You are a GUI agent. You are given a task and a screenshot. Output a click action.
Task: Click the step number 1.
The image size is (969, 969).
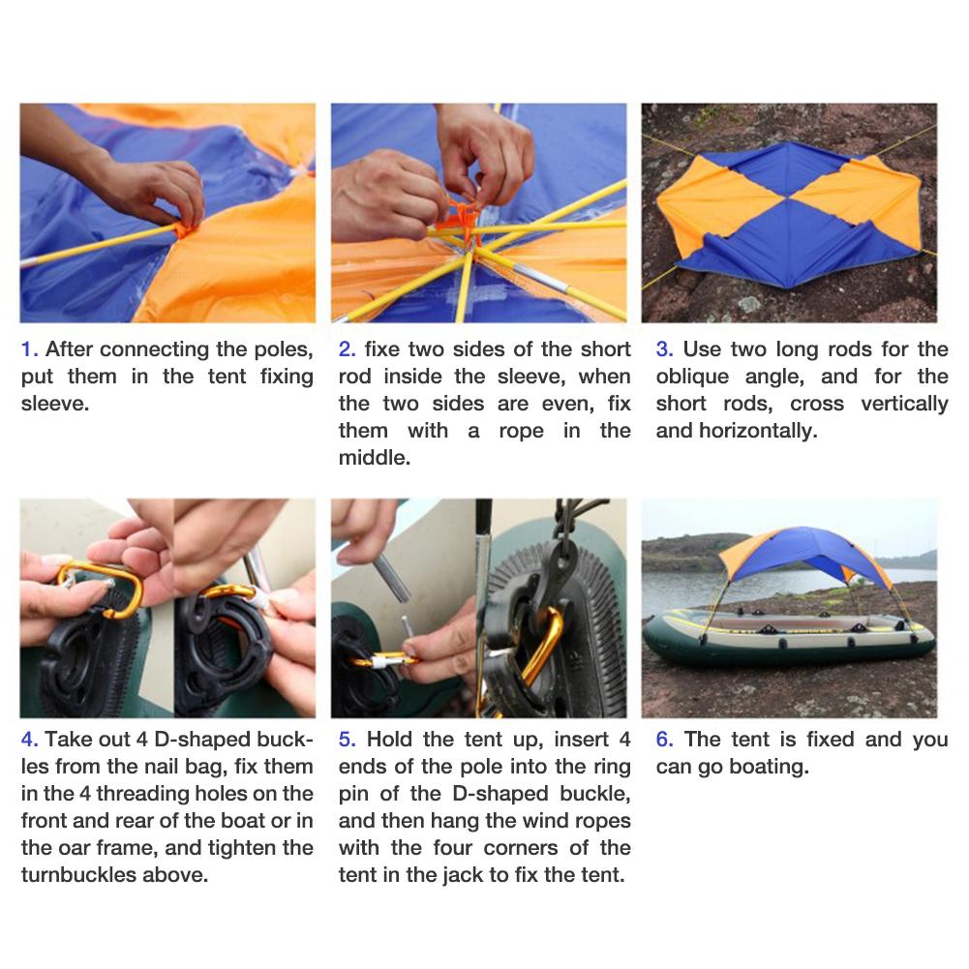click(x=28, y=349)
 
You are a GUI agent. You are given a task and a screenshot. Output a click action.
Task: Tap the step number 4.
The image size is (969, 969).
click(x=29, y=740)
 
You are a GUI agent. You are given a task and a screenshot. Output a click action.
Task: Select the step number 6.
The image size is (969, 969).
click(x=664, y=740)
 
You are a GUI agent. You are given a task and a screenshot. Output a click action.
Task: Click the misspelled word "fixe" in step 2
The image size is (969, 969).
click(x=383, y=349)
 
